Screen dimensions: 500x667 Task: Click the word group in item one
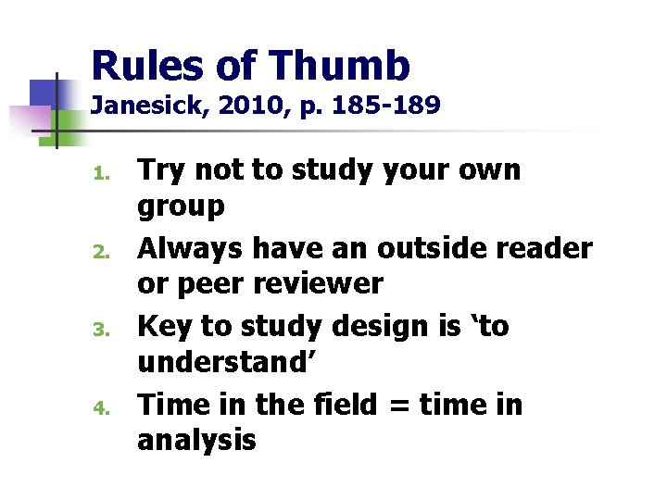181,207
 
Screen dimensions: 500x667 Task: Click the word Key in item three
163,327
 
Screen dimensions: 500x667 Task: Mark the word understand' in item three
226,361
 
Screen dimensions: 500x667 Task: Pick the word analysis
195,440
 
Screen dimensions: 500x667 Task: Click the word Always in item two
190,248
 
